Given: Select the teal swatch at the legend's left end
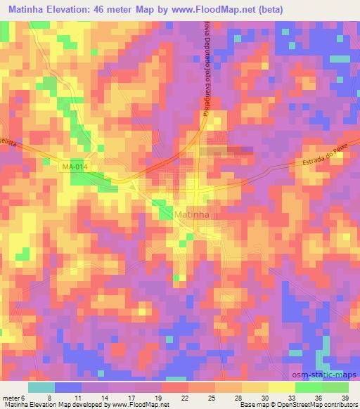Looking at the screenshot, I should (41, 387).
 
